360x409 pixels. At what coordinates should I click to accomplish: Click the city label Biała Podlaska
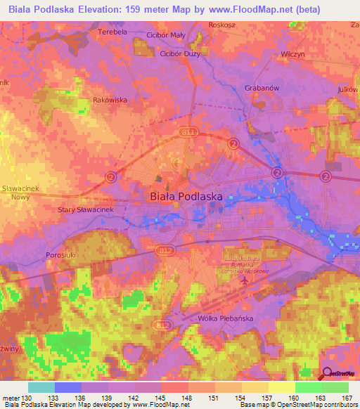click(186, 197)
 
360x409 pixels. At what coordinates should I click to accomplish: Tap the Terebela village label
click(112, 32)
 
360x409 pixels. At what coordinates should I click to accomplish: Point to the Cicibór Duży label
click(180, 53)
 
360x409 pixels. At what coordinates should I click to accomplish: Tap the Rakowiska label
click(110, 100)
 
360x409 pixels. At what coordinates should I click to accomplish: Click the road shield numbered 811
click(187, 131)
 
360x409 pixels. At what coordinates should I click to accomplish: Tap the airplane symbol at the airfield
click(244, 280)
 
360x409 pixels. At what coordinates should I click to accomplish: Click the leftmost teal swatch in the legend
click(41, 387)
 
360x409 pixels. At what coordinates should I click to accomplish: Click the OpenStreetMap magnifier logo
click(326, 375)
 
